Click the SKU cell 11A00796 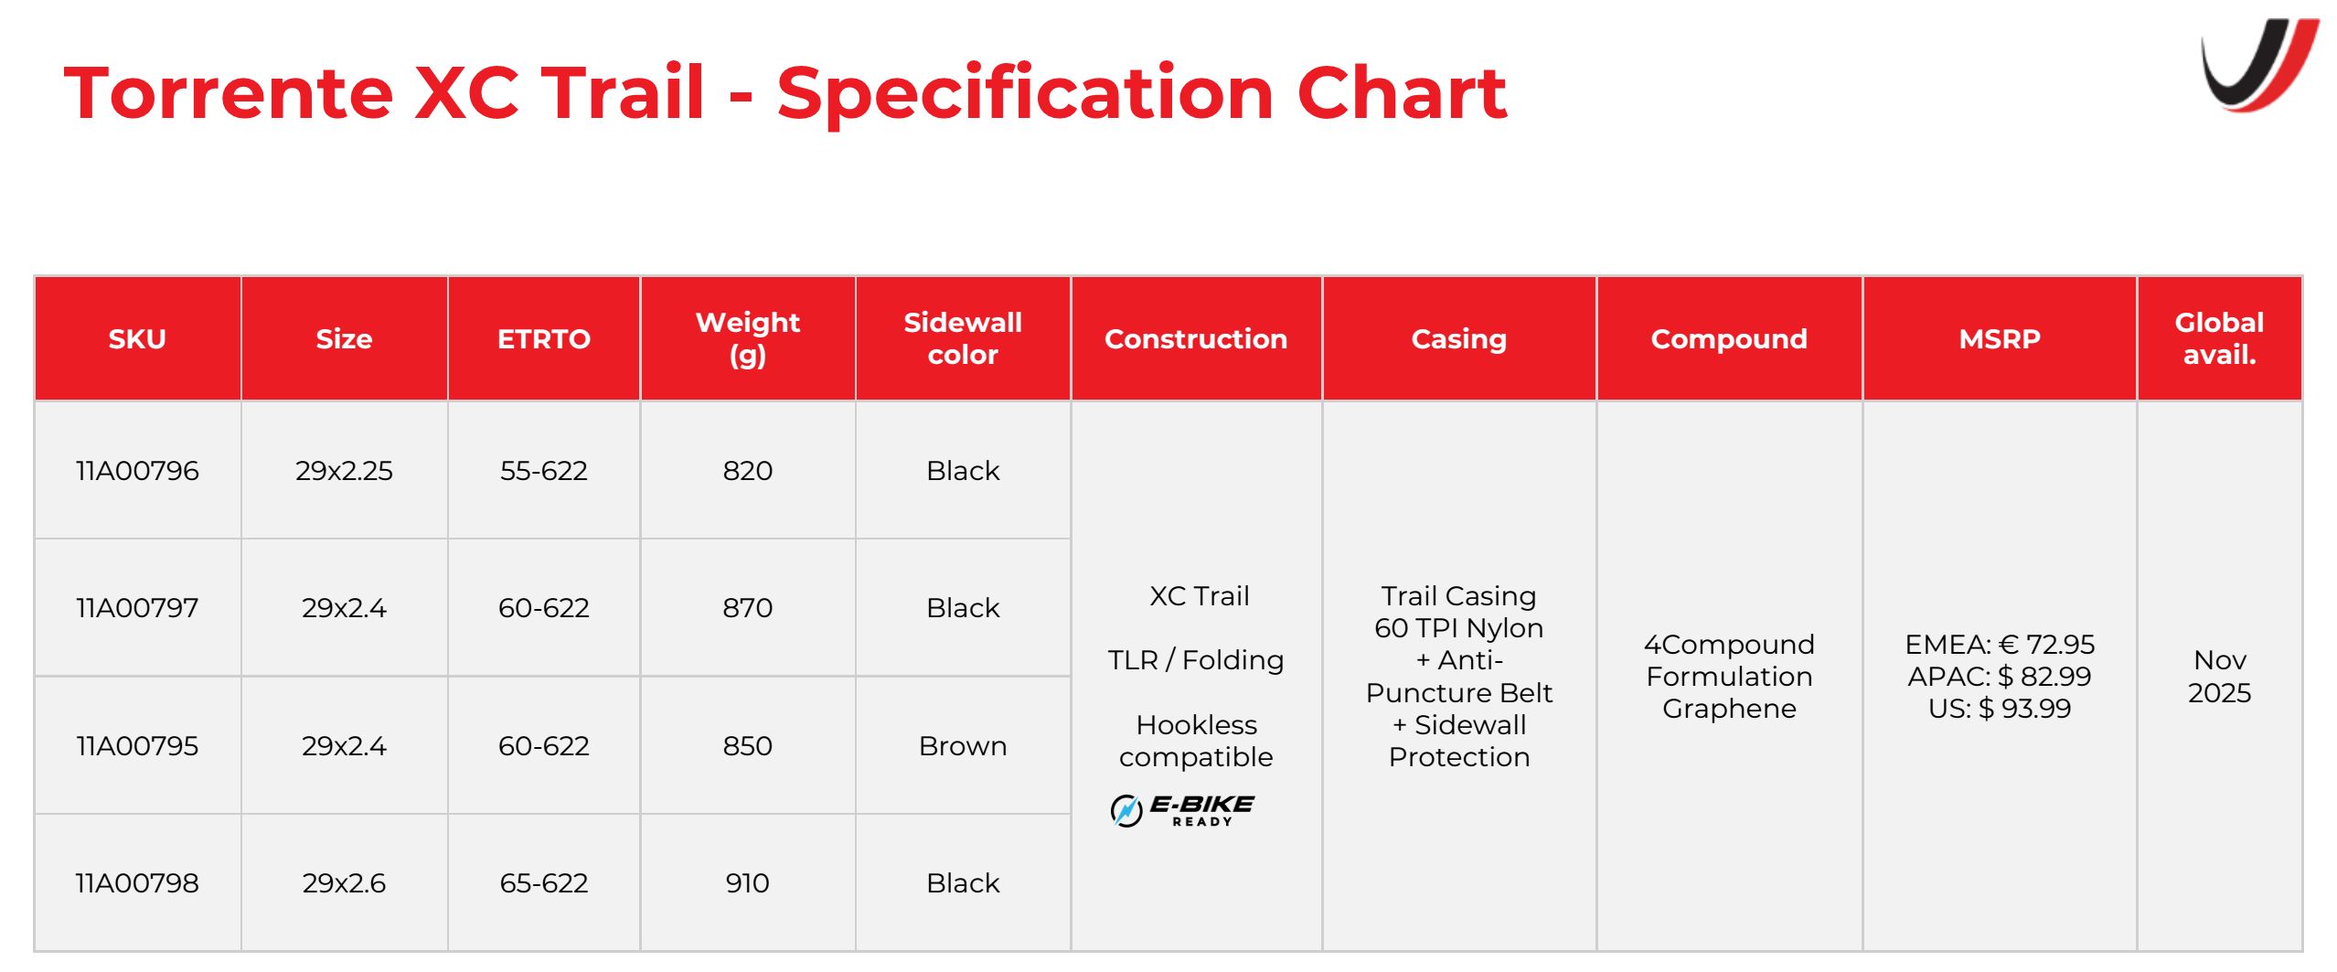click(137, 471)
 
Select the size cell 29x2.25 click(344, 471)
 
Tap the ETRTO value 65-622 click(544, 883)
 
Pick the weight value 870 click(748, 608)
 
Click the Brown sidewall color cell click(963, 746)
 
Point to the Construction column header click(1196, 339)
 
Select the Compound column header click(1729, 339)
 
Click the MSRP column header click(2000, 339)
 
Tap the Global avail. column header click(2219, 338)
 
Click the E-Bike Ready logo click(1182, 810)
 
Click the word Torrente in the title click(229, 93)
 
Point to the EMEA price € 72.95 click(2000, 645)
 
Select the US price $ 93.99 click(2000, 709)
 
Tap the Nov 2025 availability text click(2219, 677)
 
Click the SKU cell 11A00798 click(137, 883)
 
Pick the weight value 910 click(748, 883)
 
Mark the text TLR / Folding click(1196, 660)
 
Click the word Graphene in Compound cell click(1729, 709)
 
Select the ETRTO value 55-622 click(544, 471)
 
